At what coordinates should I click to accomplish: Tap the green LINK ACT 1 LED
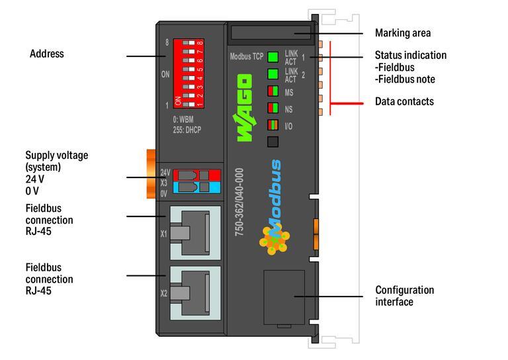(x=273, y=56)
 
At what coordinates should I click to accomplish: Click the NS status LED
(x=273, y=108)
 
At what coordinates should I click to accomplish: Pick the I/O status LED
(x=273, y=124)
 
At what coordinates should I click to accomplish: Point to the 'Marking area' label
(x=403, y=33)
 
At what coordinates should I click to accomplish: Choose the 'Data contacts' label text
(x=404, y=101)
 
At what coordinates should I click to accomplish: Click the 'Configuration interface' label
(x=405, y=296)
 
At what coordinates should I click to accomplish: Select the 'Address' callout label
(x=47, y=54)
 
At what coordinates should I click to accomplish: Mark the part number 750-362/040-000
(x=239, y=202)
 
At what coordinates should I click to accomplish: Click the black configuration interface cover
(x=284, y=298)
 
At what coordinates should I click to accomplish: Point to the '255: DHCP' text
(x=187, y=130)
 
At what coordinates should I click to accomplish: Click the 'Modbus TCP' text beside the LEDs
(x=246, y=56)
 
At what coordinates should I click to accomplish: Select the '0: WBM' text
(x=184, y=120)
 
